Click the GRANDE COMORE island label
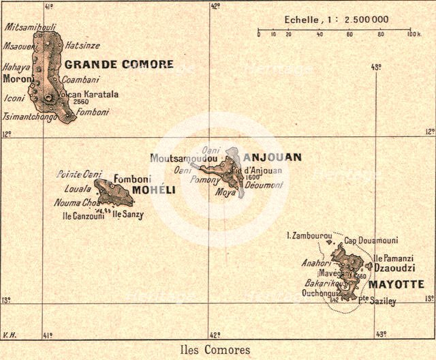pos(119,65)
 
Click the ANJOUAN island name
pos(272,157)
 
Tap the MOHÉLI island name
pos(153,190)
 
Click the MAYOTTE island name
pos(396,284)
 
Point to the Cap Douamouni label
pos(371,241)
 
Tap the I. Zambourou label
pos(308,235)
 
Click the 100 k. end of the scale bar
pos(413,33)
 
